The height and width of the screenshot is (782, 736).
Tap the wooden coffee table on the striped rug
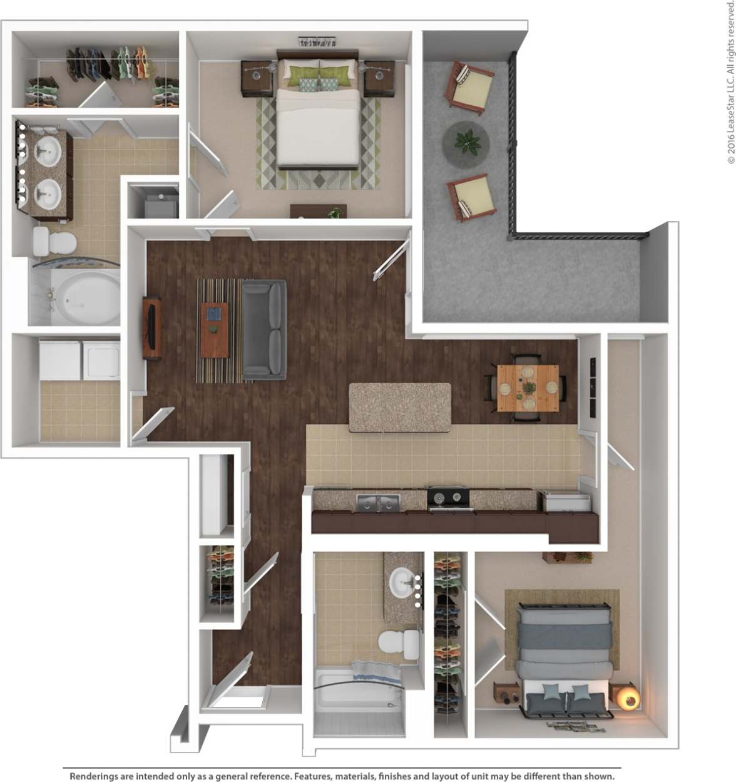tap(215, 329)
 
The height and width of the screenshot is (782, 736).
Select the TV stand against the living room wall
tap(152, 327)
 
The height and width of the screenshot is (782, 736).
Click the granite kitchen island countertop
tap(399, 407)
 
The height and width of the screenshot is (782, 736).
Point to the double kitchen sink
tap(379, 502)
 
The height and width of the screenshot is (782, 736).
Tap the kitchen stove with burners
tap(448, 498)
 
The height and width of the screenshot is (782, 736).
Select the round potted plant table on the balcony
tap(466, 143)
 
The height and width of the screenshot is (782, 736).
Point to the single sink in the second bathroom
tap(404, 584)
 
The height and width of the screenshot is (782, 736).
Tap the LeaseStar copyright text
tap(730, 81)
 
